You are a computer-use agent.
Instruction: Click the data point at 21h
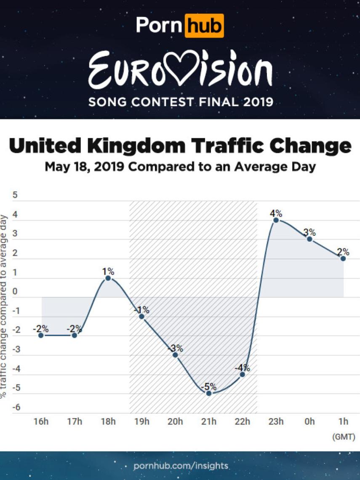(208, 393)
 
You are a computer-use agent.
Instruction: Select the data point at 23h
(276, 220)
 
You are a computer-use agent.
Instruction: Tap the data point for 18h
(108, 278)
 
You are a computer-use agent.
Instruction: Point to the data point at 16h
(41, 335)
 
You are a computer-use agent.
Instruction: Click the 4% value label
(276, 213)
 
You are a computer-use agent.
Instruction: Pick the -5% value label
(208, 386)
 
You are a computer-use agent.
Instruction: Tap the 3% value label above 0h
(309, 232)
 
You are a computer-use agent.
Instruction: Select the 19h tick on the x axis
(141, 421)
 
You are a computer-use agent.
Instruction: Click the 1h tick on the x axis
(344, 421)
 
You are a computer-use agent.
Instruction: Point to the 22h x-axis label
(242, 421)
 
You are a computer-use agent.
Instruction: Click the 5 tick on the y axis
(16, 195)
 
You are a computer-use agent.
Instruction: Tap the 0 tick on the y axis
(16, 292)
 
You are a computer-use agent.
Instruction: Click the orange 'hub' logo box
(204, 26)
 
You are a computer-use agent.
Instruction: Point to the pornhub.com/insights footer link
(181, 466)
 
